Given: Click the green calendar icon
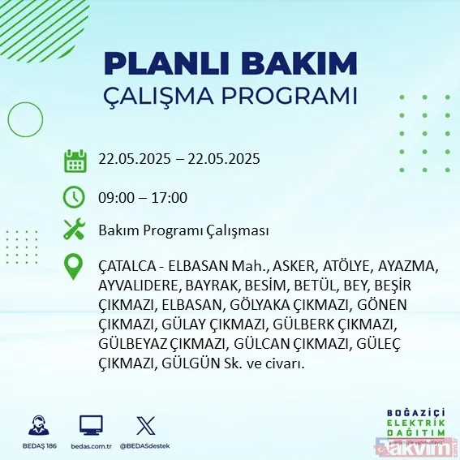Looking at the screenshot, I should [75, 160].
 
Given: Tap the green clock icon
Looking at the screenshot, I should [75, 197].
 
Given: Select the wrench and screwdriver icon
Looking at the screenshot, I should [75, 230].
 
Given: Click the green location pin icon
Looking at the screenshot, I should [75, 267].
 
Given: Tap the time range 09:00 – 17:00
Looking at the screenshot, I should [143, 197].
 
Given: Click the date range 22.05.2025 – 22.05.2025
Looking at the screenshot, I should [179, 159].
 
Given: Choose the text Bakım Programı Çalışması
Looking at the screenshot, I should [183, 231].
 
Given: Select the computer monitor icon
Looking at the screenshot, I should [91, 426].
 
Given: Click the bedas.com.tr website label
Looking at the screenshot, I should [91, 446].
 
